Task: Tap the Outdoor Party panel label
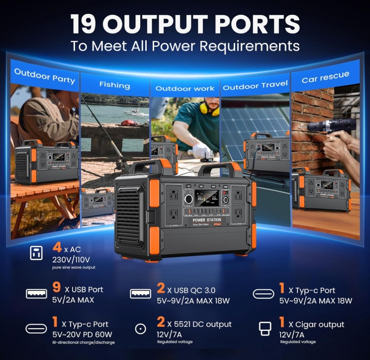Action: [x=45, y=76]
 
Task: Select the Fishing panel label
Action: [x=114, y=85]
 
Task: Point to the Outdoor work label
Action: [x=185, y=89]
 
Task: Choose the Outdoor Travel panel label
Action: [x=255, y=86]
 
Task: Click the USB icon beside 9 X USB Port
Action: [x=36, y=293]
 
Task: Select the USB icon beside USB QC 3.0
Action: [x=140, y=293]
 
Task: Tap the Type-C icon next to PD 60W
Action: [x=36, y=329]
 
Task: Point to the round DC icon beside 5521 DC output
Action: [x=141, y=329]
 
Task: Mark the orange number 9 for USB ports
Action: [x=56, y=288]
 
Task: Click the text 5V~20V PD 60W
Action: [x=82, y=334]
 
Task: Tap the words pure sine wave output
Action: [x=74, y=268]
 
